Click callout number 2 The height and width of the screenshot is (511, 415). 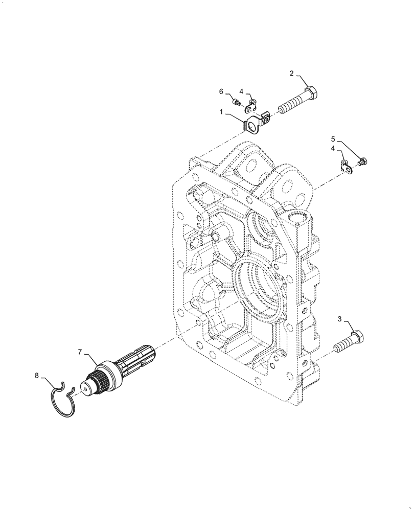click(291, 74)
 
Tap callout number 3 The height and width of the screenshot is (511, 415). click(339, 319)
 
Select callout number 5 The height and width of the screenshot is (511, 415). click(333, 138)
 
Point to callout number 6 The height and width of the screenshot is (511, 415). click(221, 91)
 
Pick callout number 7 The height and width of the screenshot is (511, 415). click(80, 352)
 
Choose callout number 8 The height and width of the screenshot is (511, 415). click(36, 376)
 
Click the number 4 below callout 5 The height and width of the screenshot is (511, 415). click(333, 148)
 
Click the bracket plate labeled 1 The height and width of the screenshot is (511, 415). click(254, 124)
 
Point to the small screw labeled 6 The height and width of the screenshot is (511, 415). click(237, 102)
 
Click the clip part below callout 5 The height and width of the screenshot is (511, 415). click(345, 165)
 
